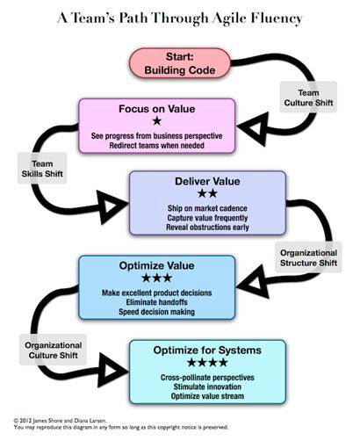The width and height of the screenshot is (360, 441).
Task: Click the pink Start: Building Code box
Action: [180, 63]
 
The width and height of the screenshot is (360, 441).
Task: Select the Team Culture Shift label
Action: [308, 98]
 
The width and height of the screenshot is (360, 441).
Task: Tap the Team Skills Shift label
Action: [42, 169]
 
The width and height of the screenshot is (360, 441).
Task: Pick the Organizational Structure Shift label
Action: [308, 257]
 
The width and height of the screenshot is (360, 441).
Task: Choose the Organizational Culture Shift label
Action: [53, 351]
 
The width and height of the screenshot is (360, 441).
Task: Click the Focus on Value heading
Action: [157, 109]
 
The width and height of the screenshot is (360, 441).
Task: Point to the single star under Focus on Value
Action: [157, 121]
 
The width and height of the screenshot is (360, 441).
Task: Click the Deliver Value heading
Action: [207, 181]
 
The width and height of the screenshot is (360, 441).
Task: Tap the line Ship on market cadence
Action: [207, 208]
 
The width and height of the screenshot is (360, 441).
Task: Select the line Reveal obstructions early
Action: [207, 228]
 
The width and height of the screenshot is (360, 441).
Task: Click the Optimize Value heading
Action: [157, 265]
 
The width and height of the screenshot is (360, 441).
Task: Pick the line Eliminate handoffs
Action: [157, 302]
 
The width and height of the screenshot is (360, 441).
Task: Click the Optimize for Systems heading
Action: [207, 351]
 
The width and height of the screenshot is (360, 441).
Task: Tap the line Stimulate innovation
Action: [207, 387]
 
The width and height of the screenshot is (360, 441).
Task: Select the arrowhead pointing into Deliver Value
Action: [112, 206]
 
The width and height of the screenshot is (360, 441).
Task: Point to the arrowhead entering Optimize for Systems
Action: [112, 370]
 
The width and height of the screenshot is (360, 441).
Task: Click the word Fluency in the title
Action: [277, 18]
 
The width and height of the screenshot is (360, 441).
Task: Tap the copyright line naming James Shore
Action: [60, 421]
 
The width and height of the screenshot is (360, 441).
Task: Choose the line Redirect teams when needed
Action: [157, 145]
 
